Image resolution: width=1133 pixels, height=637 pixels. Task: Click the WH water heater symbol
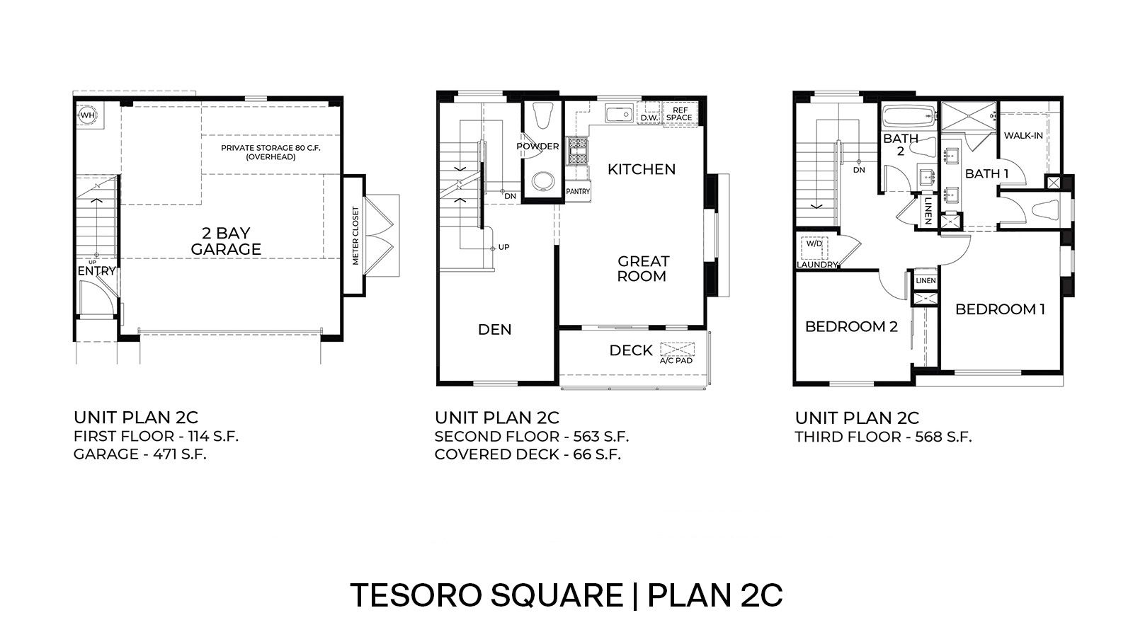(x=87, y=115)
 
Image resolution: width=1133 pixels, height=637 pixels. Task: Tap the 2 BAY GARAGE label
(x=226, y=241)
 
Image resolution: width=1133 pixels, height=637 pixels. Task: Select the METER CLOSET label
(x=355, y=236)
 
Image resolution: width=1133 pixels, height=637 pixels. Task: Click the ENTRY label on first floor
(x=96, y=271)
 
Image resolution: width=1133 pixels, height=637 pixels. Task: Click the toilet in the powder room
(x=543, y=116)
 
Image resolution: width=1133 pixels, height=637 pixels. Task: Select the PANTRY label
(x=578, y=191)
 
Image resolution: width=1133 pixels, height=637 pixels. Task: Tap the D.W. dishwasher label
(x=649, y=118)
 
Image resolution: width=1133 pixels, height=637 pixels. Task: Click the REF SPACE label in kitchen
(x=681, y=114)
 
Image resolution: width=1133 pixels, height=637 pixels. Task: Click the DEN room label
(x=494, y=329)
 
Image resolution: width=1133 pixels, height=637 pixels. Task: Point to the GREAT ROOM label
(x=642, y=269)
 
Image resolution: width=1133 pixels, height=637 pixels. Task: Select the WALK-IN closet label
(x=1023, y=135)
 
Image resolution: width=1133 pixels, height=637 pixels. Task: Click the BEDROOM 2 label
(x=851, y=326)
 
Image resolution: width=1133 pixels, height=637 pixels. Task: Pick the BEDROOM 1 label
(x=1000, y=309)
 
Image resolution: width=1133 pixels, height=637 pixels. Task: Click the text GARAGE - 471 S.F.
(x=140, y=454)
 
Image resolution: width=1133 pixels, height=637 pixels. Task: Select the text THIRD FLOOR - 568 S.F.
(x=883, y=437)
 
